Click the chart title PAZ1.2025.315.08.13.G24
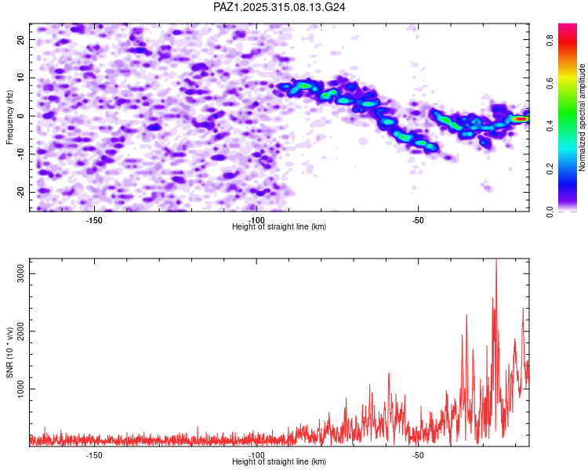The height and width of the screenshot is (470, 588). (279, 7)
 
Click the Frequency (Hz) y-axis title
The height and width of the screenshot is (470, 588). (9, 117)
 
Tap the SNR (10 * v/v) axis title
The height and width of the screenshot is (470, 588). (9, 352)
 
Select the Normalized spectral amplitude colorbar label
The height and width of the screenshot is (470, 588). (583, 117)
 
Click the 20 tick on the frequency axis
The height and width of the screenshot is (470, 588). (22, 40)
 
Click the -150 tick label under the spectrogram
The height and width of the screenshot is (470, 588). (94, 220)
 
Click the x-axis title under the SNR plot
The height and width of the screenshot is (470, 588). (279, 462)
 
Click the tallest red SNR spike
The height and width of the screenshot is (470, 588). (495, 262)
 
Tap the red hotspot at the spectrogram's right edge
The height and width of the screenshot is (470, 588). (520, 119)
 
